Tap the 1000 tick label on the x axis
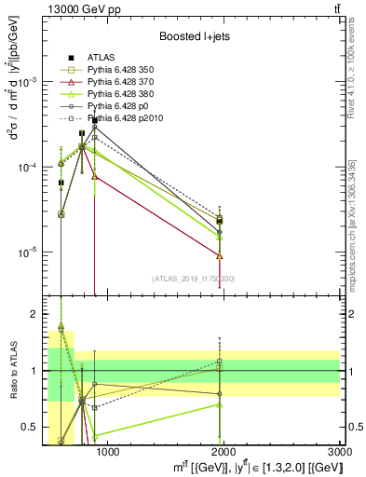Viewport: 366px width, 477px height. pyautogui.click(x=107, y=453)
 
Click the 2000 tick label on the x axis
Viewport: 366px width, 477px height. pyautogui.click(x=224, y=453)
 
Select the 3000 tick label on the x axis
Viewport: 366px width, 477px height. pyautogui.click(x=341, y=453)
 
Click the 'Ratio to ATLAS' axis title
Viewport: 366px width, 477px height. pyautogui.click(x=14, y=371)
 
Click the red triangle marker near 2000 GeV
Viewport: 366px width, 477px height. pyautogui.click(x=219, y=255)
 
